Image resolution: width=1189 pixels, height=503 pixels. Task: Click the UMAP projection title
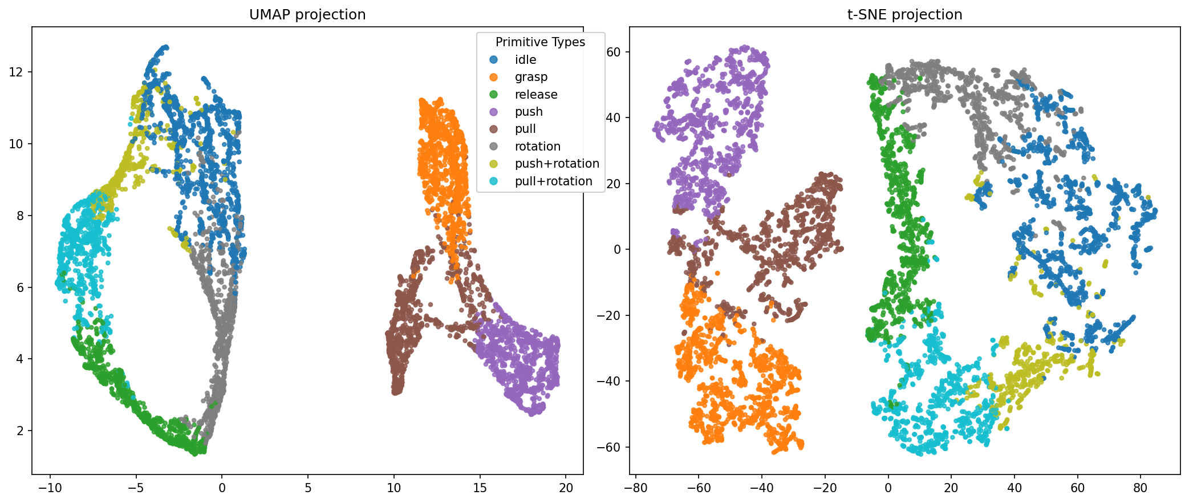307,14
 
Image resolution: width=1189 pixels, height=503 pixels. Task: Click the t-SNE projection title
904,14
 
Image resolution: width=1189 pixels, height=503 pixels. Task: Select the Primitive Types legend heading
540,42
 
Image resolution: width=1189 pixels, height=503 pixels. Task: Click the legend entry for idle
525,60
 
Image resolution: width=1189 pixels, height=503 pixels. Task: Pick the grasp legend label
531,77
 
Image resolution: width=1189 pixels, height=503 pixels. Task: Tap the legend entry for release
536,95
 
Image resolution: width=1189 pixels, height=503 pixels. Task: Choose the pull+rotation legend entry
553,181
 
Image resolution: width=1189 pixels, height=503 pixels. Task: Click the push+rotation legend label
557,164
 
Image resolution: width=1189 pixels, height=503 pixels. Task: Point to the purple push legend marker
493,112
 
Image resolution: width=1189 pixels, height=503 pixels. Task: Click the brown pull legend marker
493,129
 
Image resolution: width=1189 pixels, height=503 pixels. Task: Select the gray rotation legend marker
493,147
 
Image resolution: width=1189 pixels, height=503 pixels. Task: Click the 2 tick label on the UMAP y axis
21,431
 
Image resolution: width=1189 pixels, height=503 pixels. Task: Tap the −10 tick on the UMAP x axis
50,488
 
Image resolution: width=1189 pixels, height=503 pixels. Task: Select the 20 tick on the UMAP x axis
566,488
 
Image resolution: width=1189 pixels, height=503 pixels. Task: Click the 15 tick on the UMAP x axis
480,488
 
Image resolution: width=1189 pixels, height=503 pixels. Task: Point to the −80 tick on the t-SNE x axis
636,488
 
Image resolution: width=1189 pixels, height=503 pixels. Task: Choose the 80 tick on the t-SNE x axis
1140,488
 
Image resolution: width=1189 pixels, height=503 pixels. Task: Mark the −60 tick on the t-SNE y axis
608,447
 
